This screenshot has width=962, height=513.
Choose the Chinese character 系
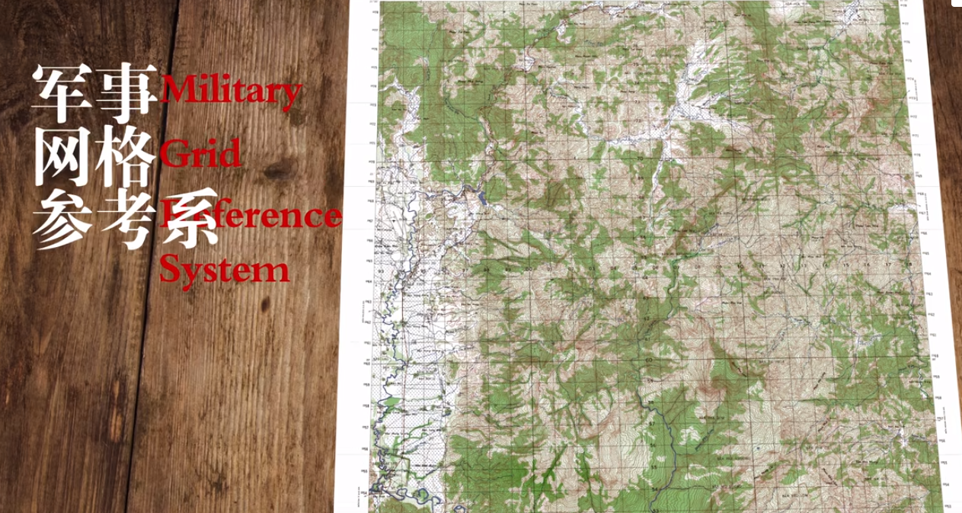click(187, 220)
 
